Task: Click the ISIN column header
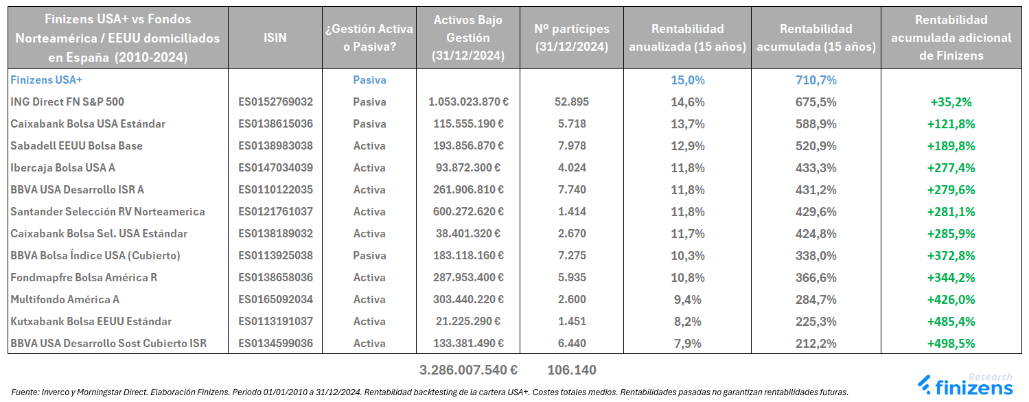point(275,38)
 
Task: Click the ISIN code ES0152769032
point(275,102)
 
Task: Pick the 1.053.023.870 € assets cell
point(468,102)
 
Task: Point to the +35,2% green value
point(951,102)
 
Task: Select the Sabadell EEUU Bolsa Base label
point(76,145)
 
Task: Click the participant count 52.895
point(571,102)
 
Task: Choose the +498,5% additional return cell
point(951,343)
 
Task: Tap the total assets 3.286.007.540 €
point(468,370)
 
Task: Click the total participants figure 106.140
point(571,370)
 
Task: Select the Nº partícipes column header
point(571,38)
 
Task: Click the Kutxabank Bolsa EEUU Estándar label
point(91,321)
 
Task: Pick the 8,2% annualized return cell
point(687,321)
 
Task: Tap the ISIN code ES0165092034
point(275,299)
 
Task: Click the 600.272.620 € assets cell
point(468,211)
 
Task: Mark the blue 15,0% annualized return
point(687,80)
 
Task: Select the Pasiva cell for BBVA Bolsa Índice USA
point(369,255)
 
